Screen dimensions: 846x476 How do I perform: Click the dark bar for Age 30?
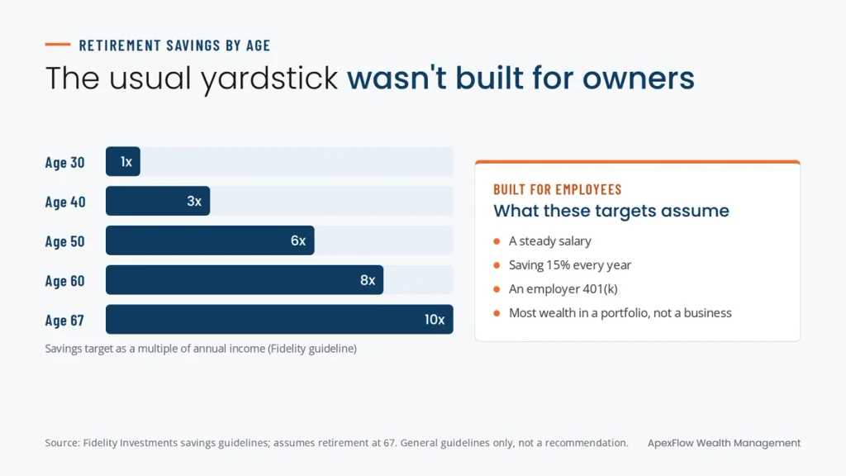tap(123, 161)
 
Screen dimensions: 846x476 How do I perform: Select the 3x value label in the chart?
tap(194, 202)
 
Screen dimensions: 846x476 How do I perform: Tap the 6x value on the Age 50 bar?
tap(298, 240)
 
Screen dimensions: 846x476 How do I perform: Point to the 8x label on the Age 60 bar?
tap(368, 280)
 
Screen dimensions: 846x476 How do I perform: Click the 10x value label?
tap(435, 320)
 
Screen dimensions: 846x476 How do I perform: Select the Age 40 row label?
tap(65, 202)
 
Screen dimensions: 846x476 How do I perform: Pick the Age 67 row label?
tap(64, 320)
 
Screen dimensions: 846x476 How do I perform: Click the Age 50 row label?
tap(64, 241)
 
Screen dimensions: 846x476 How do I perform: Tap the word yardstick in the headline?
tap(269, 79)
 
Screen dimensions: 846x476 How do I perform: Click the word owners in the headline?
tap(639, 78)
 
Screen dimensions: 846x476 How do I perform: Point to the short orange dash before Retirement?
tap(58, 45)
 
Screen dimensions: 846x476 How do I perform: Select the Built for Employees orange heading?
tap(558, 189)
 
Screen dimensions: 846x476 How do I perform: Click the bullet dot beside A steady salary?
tap(497, 241)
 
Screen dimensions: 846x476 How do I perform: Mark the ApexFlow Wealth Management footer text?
tap(724, 443)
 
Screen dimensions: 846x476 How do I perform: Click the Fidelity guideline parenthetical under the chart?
tap(312, 349)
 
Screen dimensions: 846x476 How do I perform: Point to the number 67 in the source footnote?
tap(390, 443)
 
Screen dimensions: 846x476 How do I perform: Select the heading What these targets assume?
tap(611, 211)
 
